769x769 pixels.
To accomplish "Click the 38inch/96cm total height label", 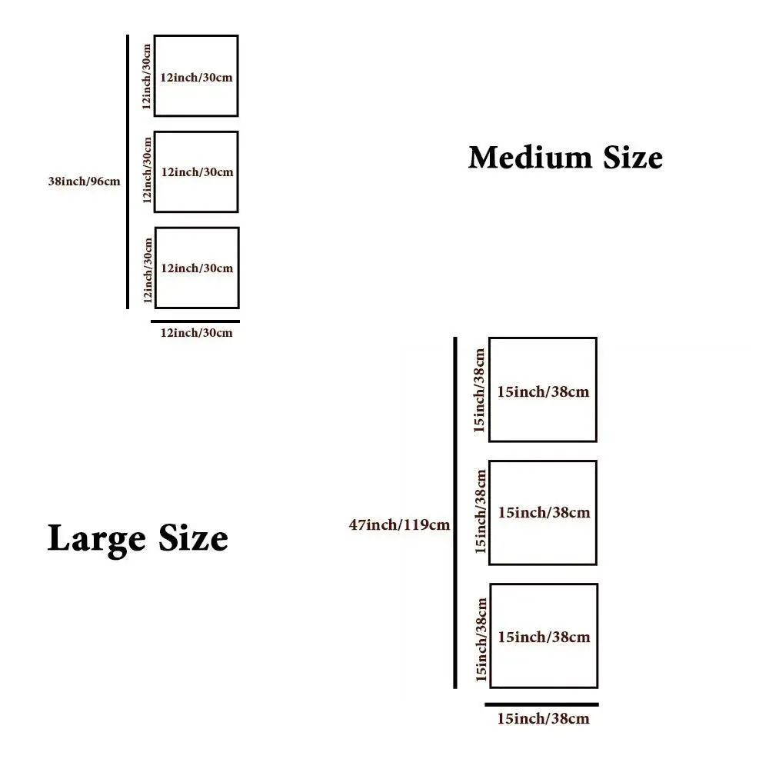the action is [x=85, y=181].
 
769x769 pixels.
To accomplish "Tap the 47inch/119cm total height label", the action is [x=399, y=524].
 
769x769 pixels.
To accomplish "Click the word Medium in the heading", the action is [x=530, y=158].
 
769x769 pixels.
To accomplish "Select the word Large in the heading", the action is [x=96, y=539].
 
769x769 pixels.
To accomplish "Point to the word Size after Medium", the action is [x=633, y=158].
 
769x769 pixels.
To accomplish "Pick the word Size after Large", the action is [x=193, y=538].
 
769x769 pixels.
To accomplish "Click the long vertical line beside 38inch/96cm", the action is [x=128, y=171].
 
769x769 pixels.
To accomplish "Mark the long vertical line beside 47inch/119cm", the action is [x=455, y=512].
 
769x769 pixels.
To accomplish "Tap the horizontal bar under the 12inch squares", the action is [x=195, y=321].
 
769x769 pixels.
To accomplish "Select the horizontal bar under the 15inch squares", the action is [x=541, y=704].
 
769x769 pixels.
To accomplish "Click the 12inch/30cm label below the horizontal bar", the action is [x=196, y=333].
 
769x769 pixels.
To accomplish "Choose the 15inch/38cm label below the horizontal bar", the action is [x=543, y=719].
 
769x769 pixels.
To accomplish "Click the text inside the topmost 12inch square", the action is [x=196, y=78].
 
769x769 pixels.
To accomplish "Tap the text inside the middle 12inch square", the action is [x=197, y=172].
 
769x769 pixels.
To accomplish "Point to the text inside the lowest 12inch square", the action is [x=197, y=268].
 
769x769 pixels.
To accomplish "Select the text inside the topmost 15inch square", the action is [x=543, y=392].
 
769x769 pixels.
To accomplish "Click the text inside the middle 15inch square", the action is [x=544, y=512].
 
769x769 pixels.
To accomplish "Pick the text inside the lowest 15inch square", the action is [x=544, y=637].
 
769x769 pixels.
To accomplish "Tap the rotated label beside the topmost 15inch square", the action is [x=479, y=391].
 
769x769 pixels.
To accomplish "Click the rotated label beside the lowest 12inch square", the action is [x=148, y=271].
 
